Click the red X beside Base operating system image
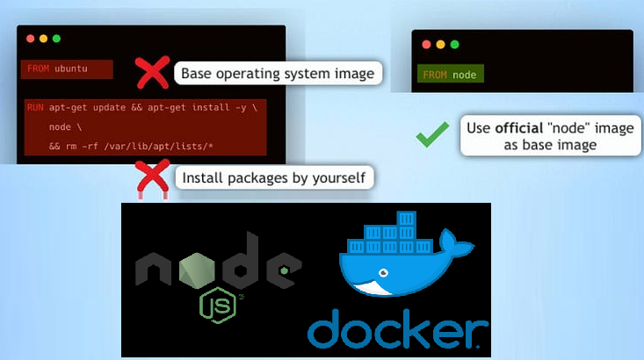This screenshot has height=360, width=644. pos(153,73)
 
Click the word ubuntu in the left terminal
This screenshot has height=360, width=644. pos(70,68)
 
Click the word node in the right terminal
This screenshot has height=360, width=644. pos(464,75)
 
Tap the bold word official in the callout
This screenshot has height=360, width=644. pos(517,128)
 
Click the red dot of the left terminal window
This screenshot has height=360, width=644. pos(30,40)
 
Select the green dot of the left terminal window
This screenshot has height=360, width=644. pos(56,40)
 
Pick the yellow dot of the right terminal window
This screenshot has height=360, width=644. pos(439,44)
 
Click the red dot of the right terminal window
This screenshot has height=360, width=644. pos(426,44)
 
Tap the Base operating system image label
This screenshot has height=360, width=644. pos(278,73)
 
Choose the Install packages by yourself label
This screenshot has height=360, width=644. pos(275,178)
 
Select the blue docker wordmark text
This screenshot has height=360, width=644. pos(397,332)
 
